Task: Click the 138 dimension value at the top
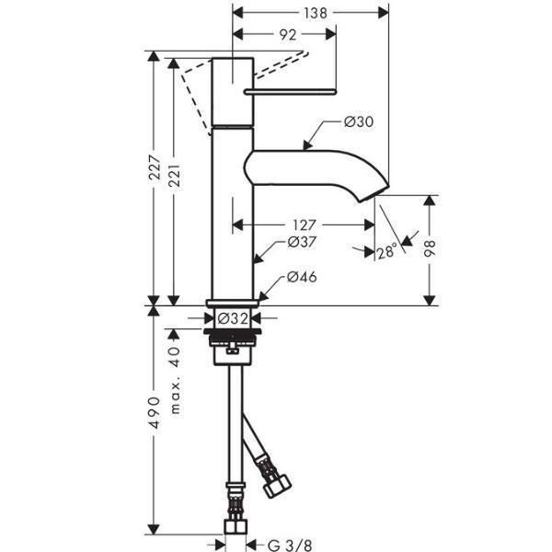[x=316, y=13]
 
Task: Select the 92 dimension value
[x=288, y=35]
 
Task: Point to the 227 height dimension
[x=155, y=167]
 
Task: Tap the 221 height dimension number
[x=174, y=175]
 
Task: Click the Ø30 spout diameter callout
[x=359, y=121]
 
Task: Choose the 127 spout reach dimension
[x=305, y=224]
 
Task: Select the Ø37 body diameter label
[x=302, y=242]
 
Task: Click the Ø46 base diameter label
[x=302, y=277]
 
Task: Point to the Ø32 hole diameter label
[x=233, y=318]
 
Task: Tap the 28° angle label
[x=387, y=252]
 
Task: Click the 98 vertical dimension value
[x=430, y=248]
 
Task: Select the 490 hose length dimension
[x=155, y=412]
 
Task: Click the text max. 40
[x=175, y=380]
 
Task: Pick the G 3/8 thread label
[x=290, y=545]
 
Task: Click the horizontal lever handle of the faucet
[x=290, y=92]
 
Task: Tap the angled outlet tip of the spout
[x=374, y=193]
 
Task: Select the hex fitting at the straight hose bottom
[x=236, y=527]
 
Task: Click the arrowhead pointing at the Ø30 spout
[x=307, y=144]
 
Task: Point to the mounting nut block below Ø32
[x=233, y=347]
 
